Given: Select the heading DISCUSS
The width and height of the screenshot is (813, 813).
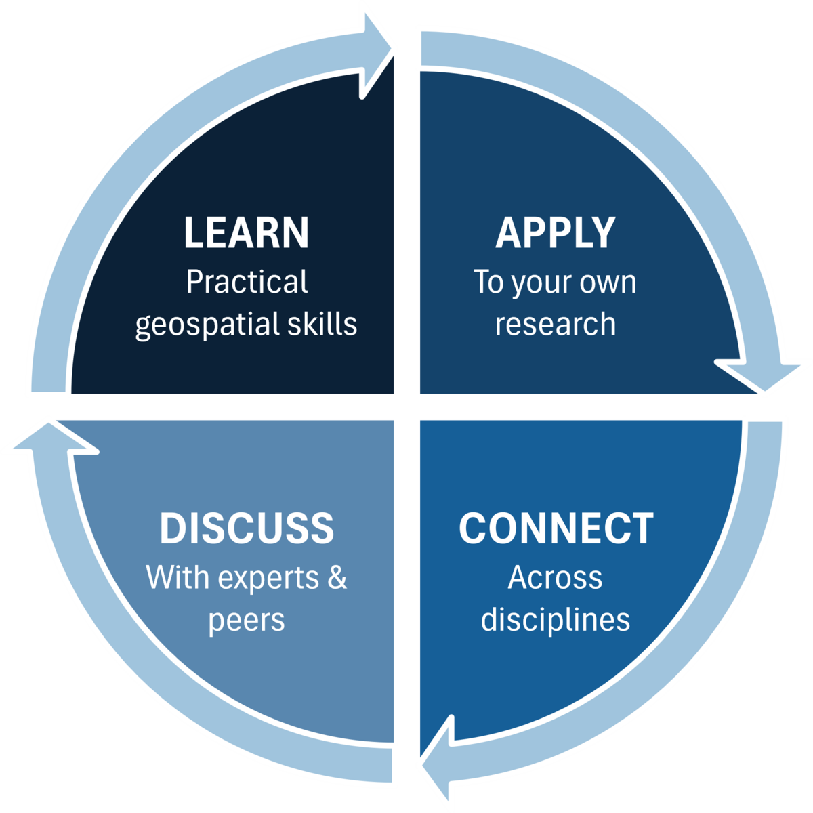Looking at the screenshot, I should pyautogui.click(x=247, y=528).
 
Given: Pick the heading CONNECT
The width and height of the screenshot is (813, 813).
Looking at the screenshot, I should pyautogui.click(x=556, y=528).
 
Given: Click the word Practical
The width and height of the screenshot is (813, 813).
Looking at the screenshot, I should pyautogui.click(x=247, y=282).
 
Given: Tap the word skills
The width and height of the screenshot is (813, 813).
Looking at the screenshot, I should pyautogui.click(x=321, y=323).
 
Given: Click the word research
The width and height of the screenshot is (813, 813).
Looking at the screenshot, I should pyautogui.click(x=555, y=323).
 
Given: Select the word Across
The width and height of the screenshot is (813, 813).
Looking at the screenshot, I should pyautogui.click(x=555, y=577).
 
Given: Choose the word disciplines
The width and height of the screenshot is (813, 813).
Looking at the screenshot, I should pyautogui.click(x=555, y=619).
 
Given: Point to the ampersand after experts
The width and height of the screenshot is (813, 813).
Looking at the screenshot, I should pyautogui.click(x=337, y=578).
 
